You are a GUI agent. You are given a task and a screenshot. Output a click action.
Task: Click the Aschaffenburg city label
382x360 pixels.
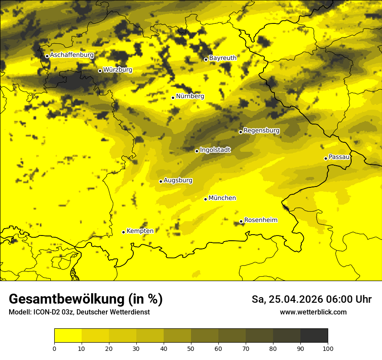[x=72, y=55]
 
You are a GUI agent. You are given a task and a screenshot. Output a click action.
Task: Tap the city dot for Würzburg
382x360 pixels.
[x=100, y=71]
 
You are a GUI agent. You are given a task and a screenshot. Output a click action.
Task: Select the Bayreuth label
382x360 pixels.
[x=223, y=58]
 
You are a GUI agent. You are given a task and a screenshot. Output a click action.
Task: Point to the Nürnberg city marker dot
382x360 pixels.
[x=173, y=98]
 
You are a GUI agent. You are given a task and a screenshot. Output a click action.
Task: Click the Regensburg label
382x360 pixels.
[x=261, y=131]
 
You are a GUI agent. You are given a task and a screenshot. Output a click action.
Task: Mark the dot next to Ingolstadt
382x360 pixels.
[x=197, y=151]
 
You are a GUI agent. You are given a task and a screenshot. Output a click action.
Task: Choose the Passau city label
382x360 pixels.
[x=339, y=157]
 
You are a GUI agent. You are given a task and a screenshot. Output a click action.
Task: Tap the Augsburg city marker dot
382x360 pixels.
[x=161, y=181]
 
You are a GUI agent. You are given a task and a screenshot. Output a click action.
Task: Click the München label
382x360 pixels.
[x=222, y=198]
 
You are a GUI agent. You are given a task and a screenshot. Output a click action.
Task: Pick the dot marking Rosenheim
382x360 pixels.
[x=241, y=222]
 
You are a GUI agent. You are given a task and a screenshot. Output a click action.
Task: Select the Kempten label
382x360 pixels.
[x=140, y=231]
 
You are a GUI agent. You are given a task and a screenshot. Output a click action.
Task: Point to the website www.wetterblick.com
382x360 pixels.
[x=313, y=312]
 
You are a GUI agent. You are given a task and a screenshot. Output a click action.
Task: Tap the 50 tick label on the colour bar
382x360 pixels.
[x=191, y=349]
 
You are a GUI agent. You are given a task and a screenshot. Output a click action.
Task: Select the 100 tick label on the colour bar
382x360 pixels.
[x=328, y=349]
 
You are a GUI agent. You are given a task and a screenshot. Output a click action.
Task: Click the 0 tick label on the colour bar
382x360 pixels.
[x=54, y=349]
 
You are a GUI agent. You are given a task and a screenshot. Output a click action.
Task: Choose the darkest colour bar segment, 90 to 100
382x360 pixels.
[x=314, y=336]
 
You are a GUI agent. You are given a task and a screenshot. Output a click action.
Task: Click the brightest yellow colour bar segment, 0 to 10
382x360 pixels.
[x=68, y=336]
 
